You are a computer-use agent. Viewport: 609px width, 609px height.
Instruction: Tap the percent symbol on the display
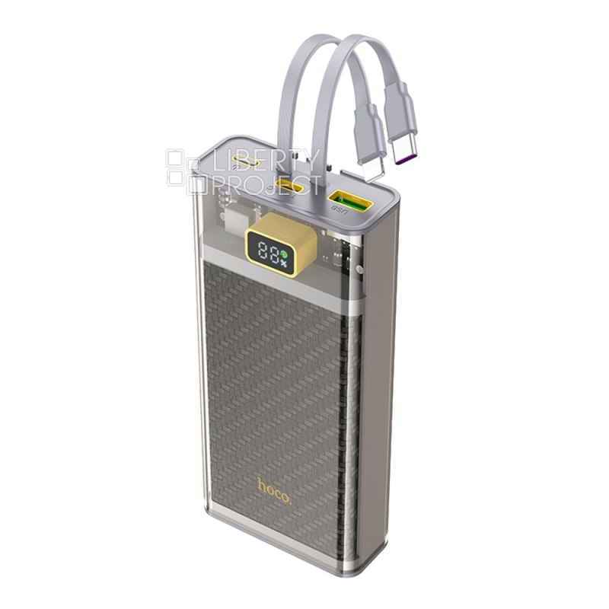[x=283, y=263]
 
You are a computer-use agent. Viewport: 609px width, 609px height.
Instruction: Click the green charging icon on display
[x=284, y=254]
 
